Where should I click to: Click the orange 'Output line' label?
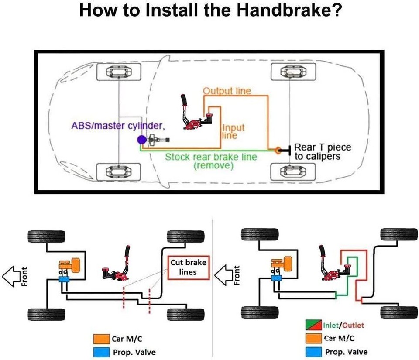(x=227, y=91)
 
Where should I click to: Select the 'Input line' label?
(x=233, y=131)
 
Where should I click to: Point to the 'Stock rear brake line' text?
(x=211, y=157)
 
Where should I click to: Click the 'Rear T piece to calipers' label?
(x=323, y=152)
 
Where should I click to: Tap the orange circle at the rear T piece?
(x=278, y=151)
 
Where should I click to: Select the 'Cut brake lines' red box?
(x=188, y=267)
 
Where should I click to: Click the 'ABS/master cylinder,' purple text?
(x=118, y=126)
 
